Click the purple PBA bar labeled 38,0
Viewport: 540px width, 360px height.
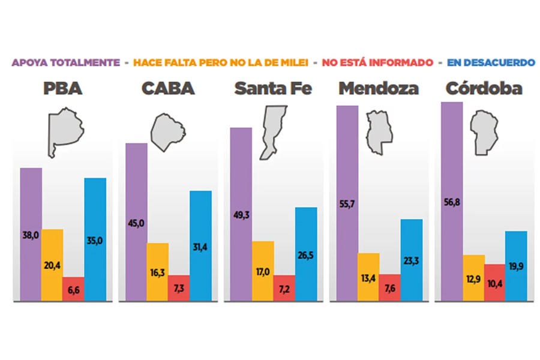[31, 234]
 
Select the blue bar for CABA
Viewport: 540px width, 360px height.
[200, 246]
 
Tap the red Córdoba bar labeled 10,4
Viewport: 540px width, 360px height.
[494, 282]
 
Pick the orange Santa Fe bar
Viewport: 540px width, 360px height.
[263, 271]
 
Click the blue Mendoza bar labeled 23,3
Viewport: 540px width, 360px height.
[412, 260]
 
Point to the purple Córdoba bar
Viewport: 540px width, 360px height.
[452, 201]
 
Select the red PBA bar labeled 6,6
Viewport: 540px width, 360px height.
[74, 289]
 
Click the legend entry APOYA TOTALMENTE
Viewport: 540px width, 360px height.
[67, 62]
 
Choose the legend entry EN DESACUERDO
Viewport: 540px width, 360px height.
[491, 62]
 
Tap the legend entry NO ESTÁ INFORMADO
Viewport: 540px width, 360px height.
[377, 62]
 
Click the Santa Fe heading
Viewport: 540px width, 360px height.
[273, 89]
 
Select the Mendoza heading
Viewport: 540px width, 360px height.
[379, 89]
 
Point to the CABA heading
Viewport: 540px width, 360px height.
[168, 89]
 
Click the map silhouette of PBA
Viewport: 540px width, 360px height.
[67, 133]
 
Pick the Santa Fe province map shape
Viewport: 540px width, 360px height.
[273, 132]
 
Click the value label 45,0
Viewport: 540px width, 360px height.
[137, 224]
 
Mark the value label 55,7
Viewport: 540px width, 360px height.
[347, 205]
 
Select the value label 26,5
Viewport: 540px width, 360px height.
[305, 255]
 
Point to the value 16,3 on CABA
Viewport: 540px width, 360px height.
[158, 271]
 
